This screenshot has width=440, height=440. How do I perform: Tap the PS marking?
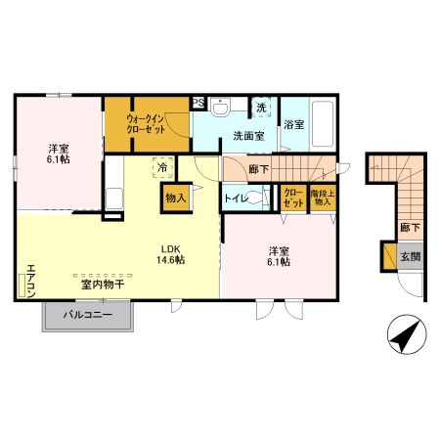(198, 102)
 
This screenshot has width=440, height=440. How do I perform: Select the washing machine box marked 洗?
(261, 108)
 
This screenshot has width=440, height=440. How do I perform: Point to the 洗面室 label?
(248, 136)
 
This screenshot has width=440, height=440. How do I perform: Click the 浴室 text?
(293, 124)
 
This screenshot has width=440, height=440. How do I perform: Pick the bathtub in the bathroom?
(324, 125)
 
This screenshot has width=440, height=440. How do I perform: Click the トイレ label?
(236, 198)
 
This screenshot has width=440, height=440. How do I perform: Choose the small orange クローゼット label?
(292, 198)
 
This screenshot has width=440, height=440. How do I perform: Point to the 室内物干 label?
(102, 286)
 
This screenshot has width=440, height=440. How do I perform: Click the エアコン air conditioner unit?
(22, 285)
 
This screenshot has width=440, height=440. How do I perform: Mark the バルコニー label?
(86, 316)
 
